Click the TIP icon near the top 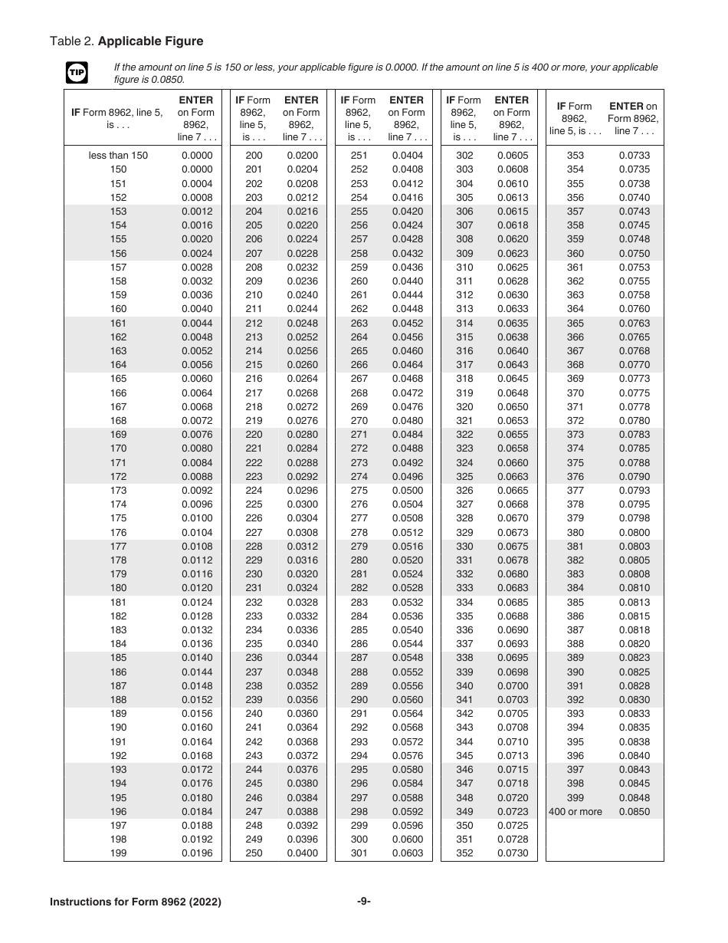tap(77, 74)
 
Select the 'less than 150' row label tap(118, 156)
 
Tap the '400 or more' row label tap(576, 811)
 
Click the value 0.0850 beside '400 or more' tap(634, 811)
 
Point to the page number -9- tap(364, 902)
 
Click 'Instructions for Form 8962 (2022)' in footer tap(136, 902)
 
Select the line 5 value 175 tap(118, 518)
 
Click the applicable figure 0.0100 tap(197, 518)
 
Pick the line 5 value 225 tap(254, 504)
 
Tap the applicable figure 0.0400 tap(302, 853)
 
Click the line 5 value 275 tap(359, 491)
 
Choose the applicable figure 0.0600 tap(407, 839)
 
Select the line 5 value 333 tap(464, 588)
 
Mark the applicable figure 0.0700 tap(513, 686)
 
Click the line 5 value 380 tap(576, 532)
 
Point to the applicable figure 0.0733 tap(634, 156)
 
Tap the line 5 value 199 tap(118, 853)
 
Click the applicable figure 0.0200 tap(302, 156)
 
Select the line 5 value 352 tap(464, 853)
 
